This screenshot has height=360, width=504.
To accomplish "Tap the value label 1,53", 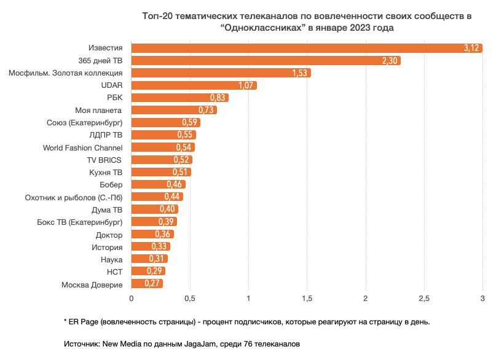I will click(x=301, y=73).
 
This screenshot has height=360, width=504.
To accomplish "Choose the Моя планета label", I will click(x=99, y=110).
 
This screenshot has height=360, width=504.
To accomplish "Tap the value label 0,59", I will click(x=191, y=123).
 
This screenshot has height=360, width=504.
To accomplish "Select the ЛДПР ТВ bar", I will click(x=163, y=135).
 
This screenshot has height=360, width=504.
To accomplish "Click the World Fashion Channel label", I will click(x=82, y=147).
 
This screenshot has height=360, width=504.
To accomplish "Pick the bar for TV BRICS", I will click(x=162, y=160).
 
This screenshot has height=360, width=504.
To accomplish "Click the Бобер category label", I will click(x=111, y=185).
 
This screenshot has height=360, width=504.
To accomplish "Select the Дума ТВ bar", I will click(x=154, y=209).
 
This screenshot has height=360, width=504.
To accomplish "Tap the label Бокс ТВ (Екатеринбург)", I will click(x=80, y=222).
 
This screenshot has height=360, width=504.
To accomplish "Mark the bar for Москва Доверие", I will click(x=147, y=284).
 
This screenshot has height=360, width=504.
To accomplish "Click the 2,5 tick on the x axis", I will click(x=424, y=299).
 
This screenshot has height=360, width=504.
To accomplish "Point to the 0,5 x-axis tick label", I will click(x=190, y=299).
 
